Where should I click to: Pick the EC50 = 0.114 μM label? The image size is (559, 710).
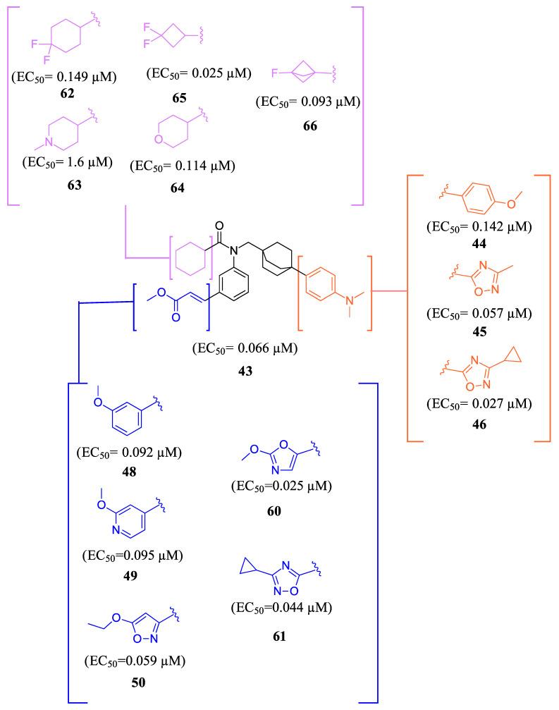[183, 166]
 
